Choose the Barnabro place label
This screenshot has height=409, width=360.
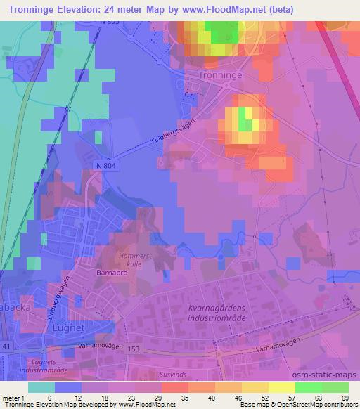112,270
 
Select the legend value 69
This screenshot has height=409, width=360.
345,398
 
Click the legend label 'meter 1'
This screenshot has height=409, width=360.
13,398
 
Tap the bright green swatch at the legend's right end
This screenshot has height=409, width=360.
335,387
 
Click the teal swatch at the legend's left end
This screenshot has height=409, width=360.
41,387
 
